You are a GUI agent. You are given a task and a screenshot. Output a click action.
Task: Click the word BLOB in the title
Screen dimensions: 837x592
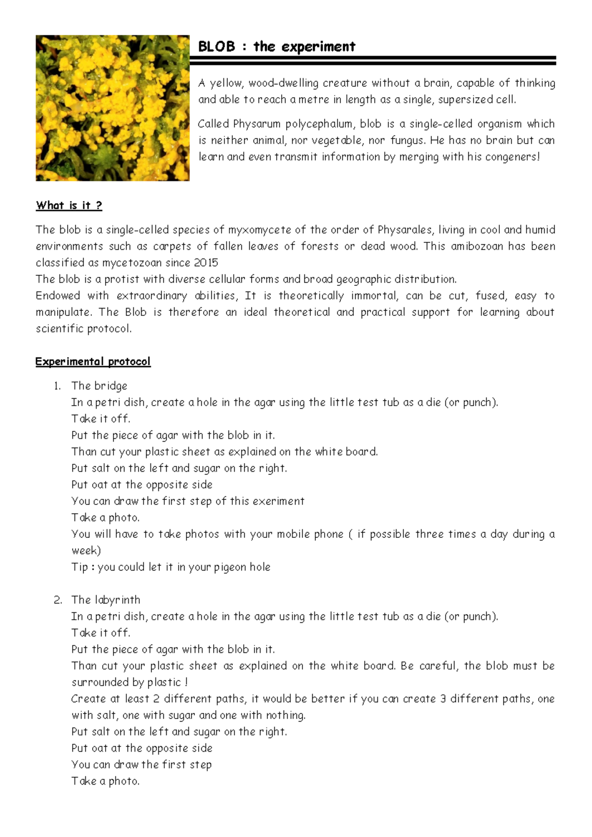tap(216, 47)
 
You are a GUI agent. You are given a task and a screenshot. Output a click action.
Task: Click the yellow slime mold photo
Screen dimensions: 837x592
tap(112, 108)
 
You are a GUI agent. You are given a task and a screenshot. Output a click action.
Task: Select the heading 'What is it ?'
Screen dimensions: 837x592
tap(69, 205)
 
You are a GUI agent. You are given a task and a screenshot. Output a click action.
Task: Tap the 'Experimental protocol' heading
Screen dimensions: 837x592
tap(93, 361)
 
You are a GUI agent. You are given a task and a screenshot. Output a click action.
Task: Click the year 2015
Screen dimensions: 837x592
tap(206, 263)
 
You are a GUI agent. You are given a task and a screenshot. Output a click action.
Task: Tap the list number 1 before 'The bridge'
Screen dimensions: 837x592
tap(57, 386)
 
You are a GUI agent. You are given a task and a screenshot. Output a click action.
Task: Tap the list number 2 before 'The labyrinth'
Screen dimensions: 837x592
tap(58, 600)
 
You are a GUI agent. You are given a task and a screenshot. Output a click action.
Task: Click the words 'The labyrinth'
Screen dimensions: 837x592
tap(106, 600)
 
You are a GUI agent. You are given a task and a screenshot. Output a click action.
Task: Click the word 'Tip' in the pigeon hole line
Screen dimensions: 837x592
tap(79, 567)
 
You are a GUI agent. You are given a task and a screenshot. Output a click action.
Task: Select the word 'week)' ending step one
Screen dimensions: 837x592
tap(86, 551)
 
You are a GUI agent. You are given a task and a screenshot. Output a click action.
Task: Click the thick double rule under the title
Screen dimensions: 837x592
tap(372, 61)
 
